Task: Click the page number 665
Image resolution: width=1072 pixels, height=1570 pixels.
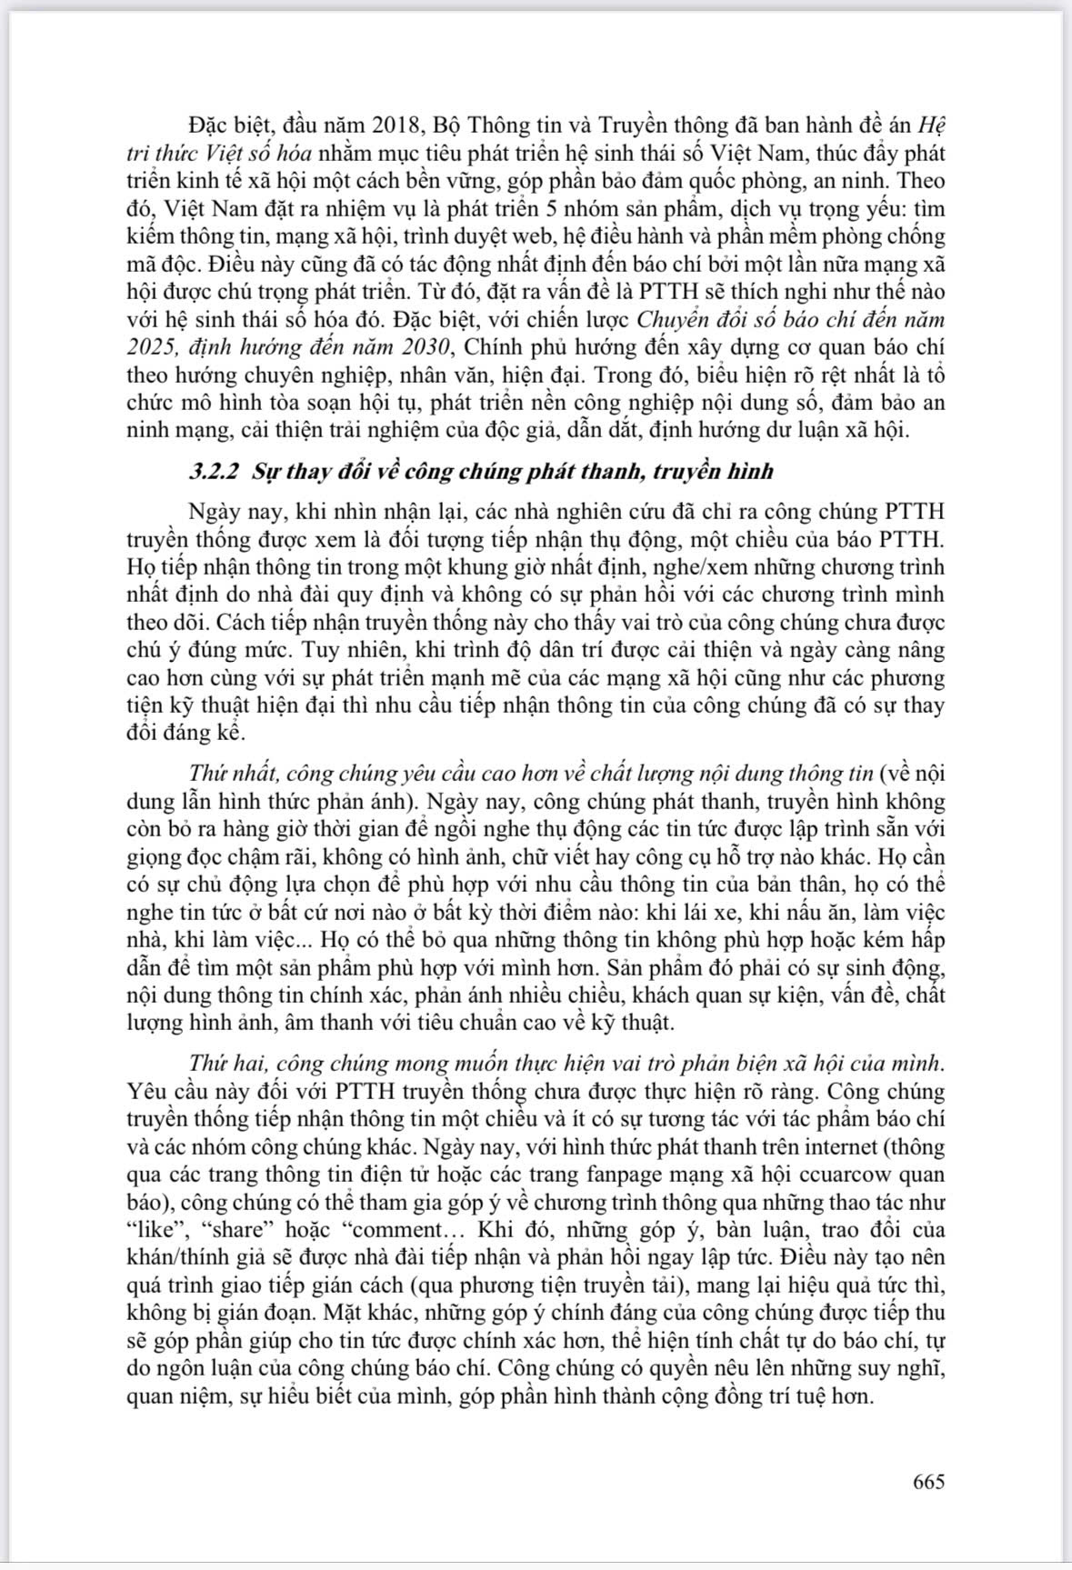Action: point(928,1481)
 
